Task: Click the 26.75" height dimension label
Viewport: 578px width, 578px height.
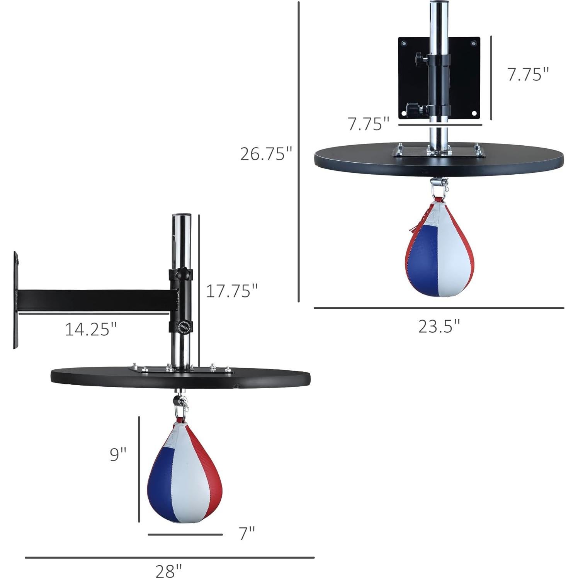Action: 266,153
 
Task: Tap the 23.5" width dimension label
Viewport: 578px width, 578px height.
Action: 439,326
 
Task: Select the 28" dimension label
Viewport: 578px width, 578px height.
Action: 168,570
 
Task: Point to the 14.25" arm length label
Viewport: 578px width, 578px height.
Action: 90,329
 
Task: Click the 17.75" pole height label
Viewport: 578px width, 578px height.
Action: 231,291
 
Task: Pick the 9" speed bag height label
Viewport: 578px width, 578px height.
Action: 118,454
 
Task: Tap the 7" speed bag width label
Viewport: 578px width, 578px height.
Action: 247,534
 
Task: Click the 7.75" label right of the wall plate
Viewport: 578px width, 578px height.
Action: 528,74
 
